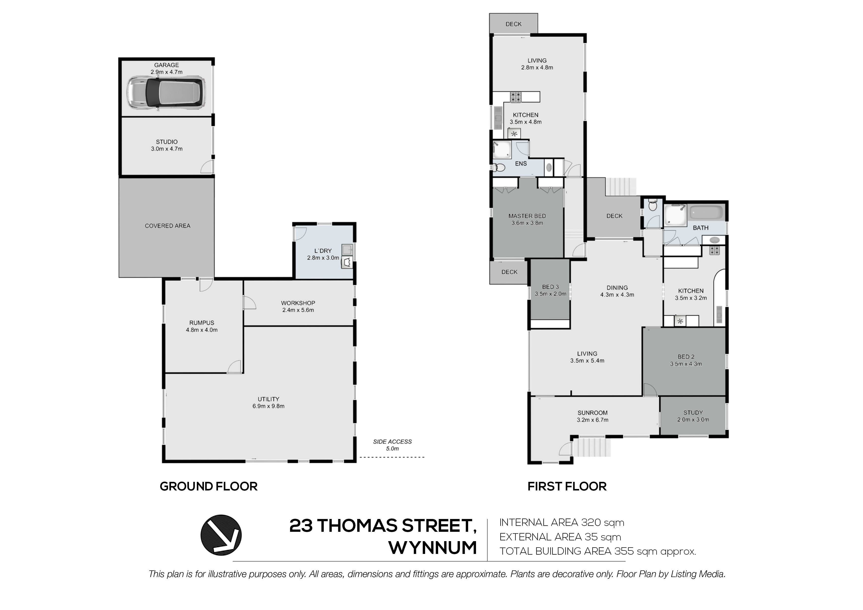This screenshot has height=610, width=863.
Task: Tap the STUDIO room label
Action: tap(167, 142)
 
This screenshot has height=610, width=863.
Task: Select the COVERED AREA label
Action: tap(168, 226)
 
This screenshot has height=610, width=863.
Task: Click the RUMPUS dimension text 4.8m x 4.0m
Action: tap(202, 330)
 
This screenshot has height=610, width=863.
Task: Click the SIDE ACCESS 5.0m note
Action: tap(392, 445)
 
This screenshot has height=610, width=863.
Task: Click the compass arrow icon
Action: tap(221, 535)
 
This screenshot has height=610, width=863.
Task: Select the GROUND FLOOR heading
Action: tap(209, 486)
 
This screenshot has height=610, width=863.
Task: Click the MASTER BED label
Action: tap(527, 216)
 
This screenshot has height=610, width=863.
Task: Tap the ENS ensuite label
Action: tap(521, 164)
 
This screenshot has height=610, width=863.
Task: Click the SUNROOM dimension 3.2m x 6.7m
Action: tap(592, 420)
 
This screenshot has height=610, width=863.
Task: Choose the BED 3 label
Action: tap(550, 287)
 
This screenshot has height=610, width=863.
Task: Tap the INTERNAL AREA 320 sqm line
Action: tap(562, 522)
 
